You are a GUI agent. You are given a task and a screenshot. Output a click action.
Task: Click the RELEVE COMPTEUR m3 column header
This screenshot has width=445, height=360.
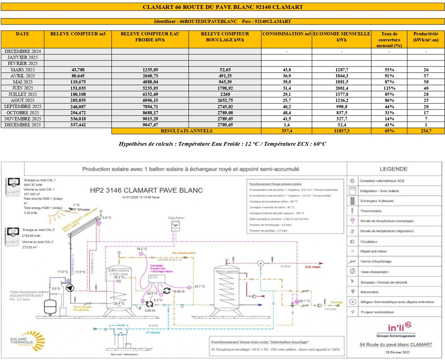point(78,34)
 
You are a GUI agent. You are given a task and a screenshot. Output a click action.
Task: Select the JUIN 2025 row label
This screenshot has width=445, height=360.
point(23,88)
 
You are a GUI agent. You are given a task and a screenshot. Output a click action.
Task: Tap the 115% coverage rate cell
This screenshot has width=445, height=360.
point(389,88)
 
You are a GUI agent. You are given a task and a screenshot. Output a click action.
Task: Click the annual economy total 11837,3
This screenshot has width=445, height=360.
point(341,131)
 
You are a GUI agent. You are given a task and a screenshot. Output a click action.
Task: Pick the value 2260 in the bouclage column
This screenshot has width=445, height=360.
point(225,94)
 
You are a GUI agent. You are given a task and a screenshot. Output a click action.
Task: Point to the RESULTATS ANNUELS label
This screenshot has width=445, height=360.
point(186,131)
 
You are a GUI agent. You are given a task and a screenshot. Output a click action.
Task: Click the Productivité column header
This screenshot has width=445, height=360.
point(426,37)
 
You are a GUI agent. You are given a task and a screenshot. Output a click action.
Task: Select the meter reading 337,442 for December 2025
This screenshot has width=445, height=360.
point(78,125)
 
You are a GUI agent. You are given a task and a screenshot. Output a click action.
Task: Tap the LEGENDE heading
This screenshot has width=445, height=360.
point(393,169)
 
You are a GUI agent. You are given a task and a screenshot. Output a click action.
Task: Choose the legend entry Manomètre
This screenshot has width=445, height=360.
point(370,292)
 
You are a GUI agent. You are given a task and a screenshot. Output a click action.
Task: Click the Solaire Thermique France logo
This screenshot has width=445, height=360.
point(27,342)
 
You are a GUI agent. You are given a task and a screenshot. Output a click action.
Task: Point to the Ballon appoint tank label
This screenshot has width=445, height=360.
point(227,271)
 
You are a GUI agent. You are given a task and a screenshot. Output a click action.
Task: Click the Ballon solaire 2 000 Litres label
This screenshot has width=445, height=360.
point(118,272)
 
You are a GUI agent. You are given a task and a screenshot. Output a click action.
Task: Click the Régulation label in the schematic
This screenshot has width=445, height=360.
point(176,218)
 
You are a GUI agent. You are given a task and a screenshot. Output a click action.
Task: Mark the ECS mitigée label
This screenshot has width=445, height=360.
point(312,267)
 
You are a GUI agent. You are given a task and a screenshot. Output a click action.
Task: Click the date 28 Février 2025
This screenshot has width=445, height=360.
point(398,352)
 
